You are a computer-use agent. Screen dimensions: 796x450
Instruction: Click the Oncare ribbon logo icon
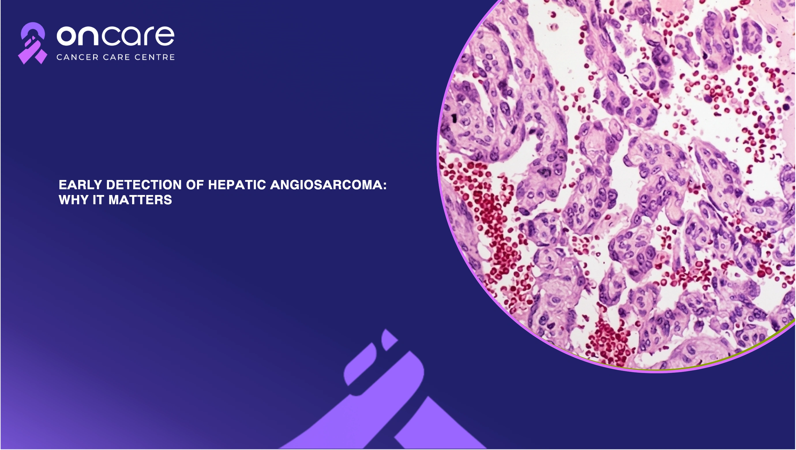pos(32,43)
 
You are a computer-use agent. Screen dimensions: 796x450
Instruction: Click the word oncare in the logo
pos(116,36)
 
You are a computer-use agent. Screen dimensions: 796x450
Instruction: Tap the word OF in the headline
pos(195,185)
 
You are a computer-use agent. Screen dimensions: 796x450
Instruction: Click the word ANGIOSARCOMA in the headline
pos(326,185)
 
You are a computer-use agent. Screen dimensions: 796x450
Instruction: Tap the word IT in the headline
pos(99,200)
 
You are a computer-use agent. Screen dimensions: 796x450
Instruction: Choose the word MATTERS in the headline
pos(140,200)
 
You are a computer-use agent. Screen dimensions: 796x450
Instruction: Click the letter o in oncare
pos(66,36)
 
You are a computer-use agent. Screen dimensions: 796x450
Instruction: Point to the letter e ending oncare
pos(165,36)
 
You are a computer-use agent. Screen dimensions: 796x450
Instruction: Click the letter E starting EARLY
pos(63,185)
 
